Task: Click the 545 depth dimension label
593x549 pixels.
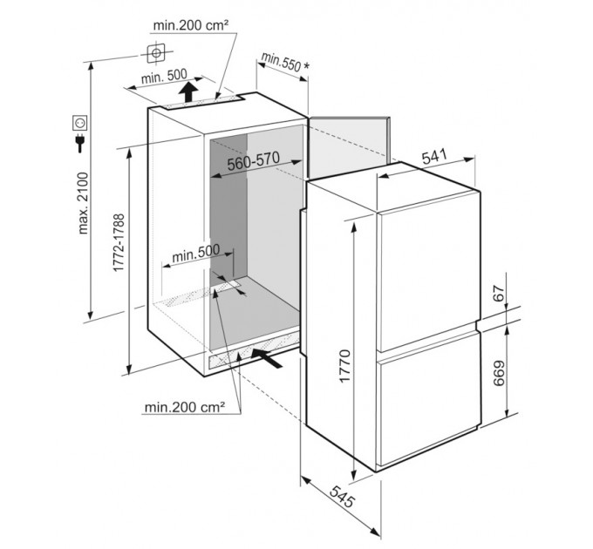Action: point(342,496)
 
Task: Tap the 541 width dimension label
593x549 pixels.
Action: point(434,156)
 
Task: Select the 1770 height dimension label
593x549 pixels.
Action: point(345,366)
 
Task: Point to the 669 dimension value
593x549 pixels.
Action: point(499,373)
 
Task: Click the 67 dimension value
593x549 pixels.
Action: point(499,293)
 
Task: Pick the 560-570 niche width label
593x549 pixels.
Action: point(254,162)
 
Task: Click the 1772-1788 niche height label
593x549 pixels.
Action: point(119,242)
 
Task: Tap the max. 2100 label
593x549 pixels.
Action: point(83,203)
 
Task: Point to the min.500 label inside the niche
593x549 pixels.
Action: point(195,254)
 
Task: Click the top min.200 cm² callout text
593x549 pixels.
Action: point(191,25)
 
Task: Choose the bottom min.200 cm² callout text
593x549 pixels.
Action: point(185,407)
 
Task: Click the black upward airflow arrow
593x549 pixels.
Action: point(188,91)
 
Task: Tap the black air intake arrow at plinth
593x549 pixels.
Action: point(267,358)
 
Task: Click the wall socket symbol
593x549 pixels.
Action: point(80,123)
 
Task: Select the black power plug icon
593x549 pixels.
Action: point(80,142)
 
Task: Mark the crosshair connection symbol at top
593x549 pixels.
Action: point(156,53)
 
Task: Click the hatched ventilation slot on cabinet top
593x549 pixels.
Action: point(203,102)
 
